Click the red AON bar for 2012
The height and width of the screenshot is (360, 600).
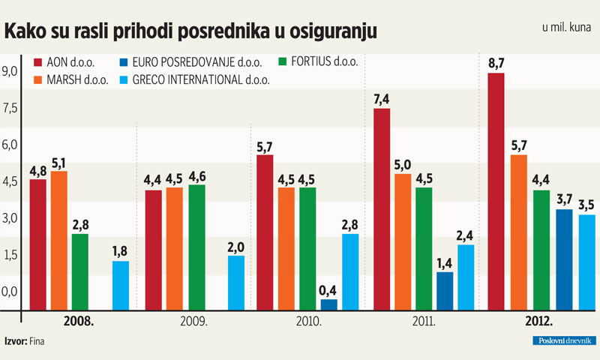[x=496, y=191]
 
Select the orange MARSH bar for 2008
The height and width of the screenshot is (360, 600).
[x=58, y=240]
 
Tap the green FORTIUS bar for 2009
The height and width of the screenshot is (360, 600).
[x=196, y=247]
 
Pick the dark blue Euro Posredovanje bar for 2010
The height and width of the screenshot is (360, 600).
[x=328, y=304]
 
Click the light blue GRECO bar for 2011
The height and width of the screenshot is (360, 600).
[x=465, y=277]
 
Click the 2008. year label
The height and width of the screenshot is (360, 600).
[x=78, y=321]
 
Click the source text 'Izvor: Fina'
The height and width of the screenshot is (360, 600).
[x=25, y=341]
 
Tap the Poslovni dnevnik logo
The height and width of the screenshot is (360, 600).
[x=561, y=341]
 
